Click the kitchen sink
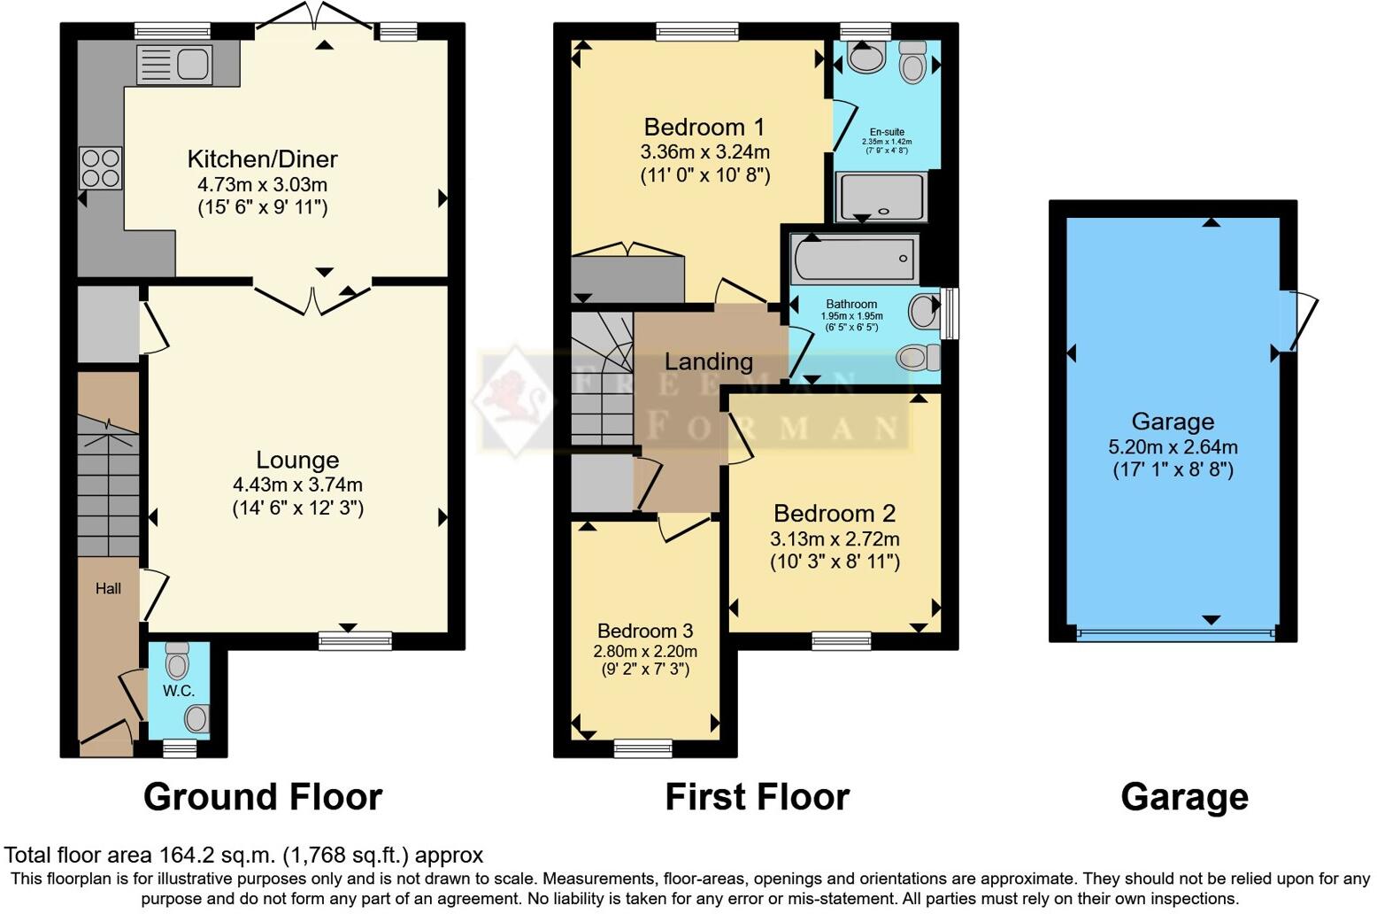tap(174, 65)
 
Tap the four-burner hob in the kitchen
tap(100, 168)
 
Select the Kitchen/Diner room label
tap(262, 159)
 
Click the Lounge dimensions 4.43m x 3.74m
tap(297, 485)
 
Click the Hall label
tap(108, 589)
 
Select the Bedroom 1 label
tap(704, 128)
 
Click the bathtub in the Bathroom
tap(855, 259)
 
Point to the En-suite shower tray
tap(881, 196)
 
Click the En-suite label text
tap(887, 132)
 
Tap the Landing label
tap(708, 361)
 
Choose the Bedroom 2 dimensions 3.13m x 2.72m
tap(835, 539)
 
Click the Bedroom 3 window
tap(643, 748)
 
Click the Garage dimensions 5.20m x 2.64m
tap(1173, 447)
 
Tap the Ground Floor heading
tap(262, 797)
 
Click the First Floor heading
tap(757, 797)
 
